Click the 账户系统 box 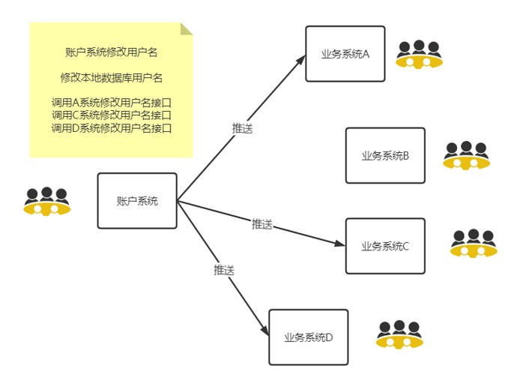tap(137, 201)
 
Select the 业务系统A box tap(345, 54)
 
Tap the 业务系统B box tap(385, 155)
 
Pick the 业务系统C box tap(385, 246)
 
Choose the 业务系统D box tap(308, 337)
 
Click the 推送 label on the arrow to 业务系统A tap(242, 128)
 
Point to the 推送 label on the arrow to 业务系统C tap(262, 223)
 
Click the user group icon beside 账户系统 tap(46, 202)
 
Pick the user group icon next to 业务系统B tap(465, 155)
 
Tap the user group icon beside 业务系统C tap(473, 244)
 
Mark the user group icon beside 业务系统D tap(399, 335)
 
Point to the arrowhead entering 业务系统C tap(340, 244)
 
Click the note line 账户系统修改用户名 tap(111, 52)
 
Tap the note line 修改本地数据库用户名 tap(111, 77)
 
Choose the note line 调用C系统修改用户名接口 tap(111, 115)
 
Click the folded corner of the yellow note tap(186, 28)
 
